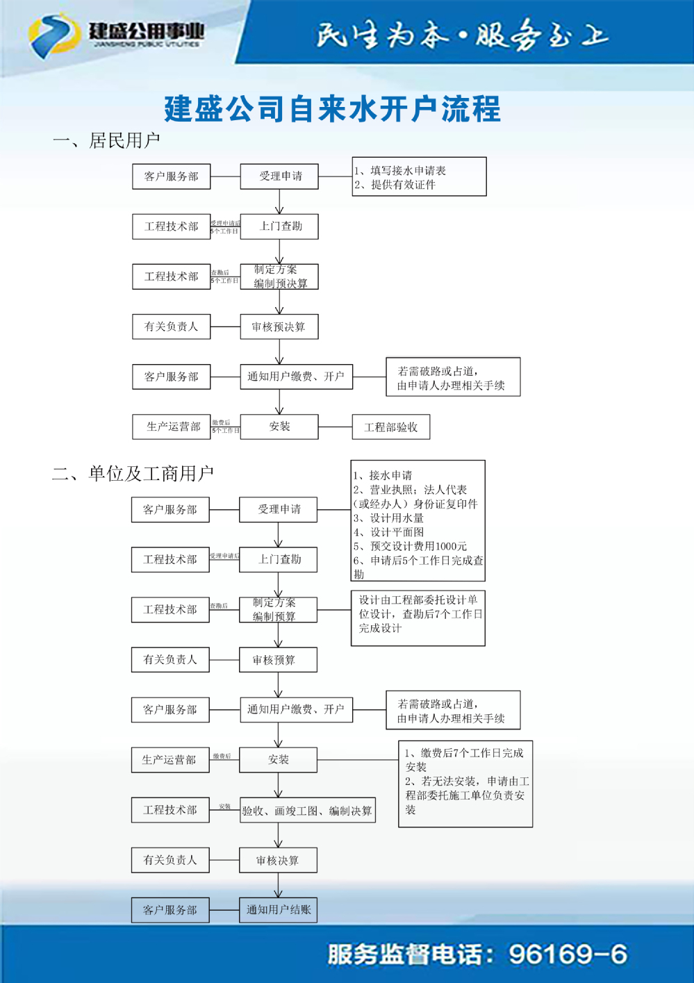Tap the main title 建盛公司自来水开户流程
click(x=332, y=109)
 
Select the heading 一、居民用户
click(x=106, y=141)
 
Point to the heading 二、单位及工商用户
click(x=133, y=474)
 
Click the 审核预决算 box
click(x=279, y=327)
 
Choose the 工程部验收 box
click(x=390, y=427)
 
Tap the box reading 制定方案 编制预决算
click(x=279, y=276)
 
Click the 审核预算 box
click(x=278, y=660)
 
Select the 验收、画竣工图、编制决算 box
click(x=307, y=811)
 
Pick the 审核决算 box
click(x=278, y=861)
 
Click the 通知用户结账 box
click(x=278, y=910)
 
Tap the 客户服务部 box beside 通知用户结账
click(x=170, y=910)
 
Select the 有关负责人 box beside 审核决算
click(x=170, y=860)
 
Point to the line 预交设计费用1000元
click(x=410, y=547)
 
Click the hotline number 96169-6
click(x=568, y=955)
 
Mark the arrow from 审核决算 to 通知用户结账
click(x=278, y=885)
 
